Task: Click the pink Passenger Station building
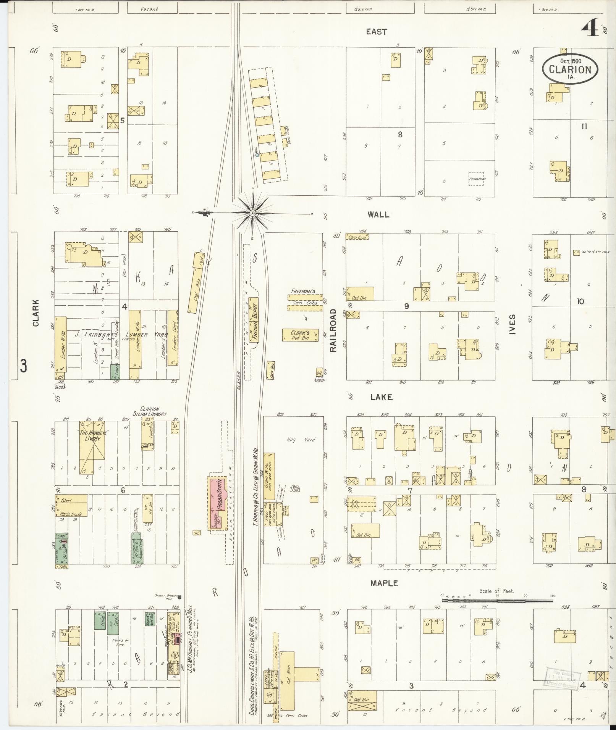(217, 503)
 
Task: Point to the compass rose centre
(252, 213)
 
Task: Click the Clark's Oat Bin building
(300, 335)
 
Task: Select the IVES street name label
(512, 324)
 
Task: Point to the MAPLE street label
(384, 583)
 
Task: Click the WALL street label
(378, 214)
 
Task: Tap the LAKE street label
(381, 397)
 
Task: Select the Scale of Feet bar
(497, 601)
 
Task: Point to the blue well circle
(257, 155)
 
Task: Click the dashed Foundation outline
(476, 179)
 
